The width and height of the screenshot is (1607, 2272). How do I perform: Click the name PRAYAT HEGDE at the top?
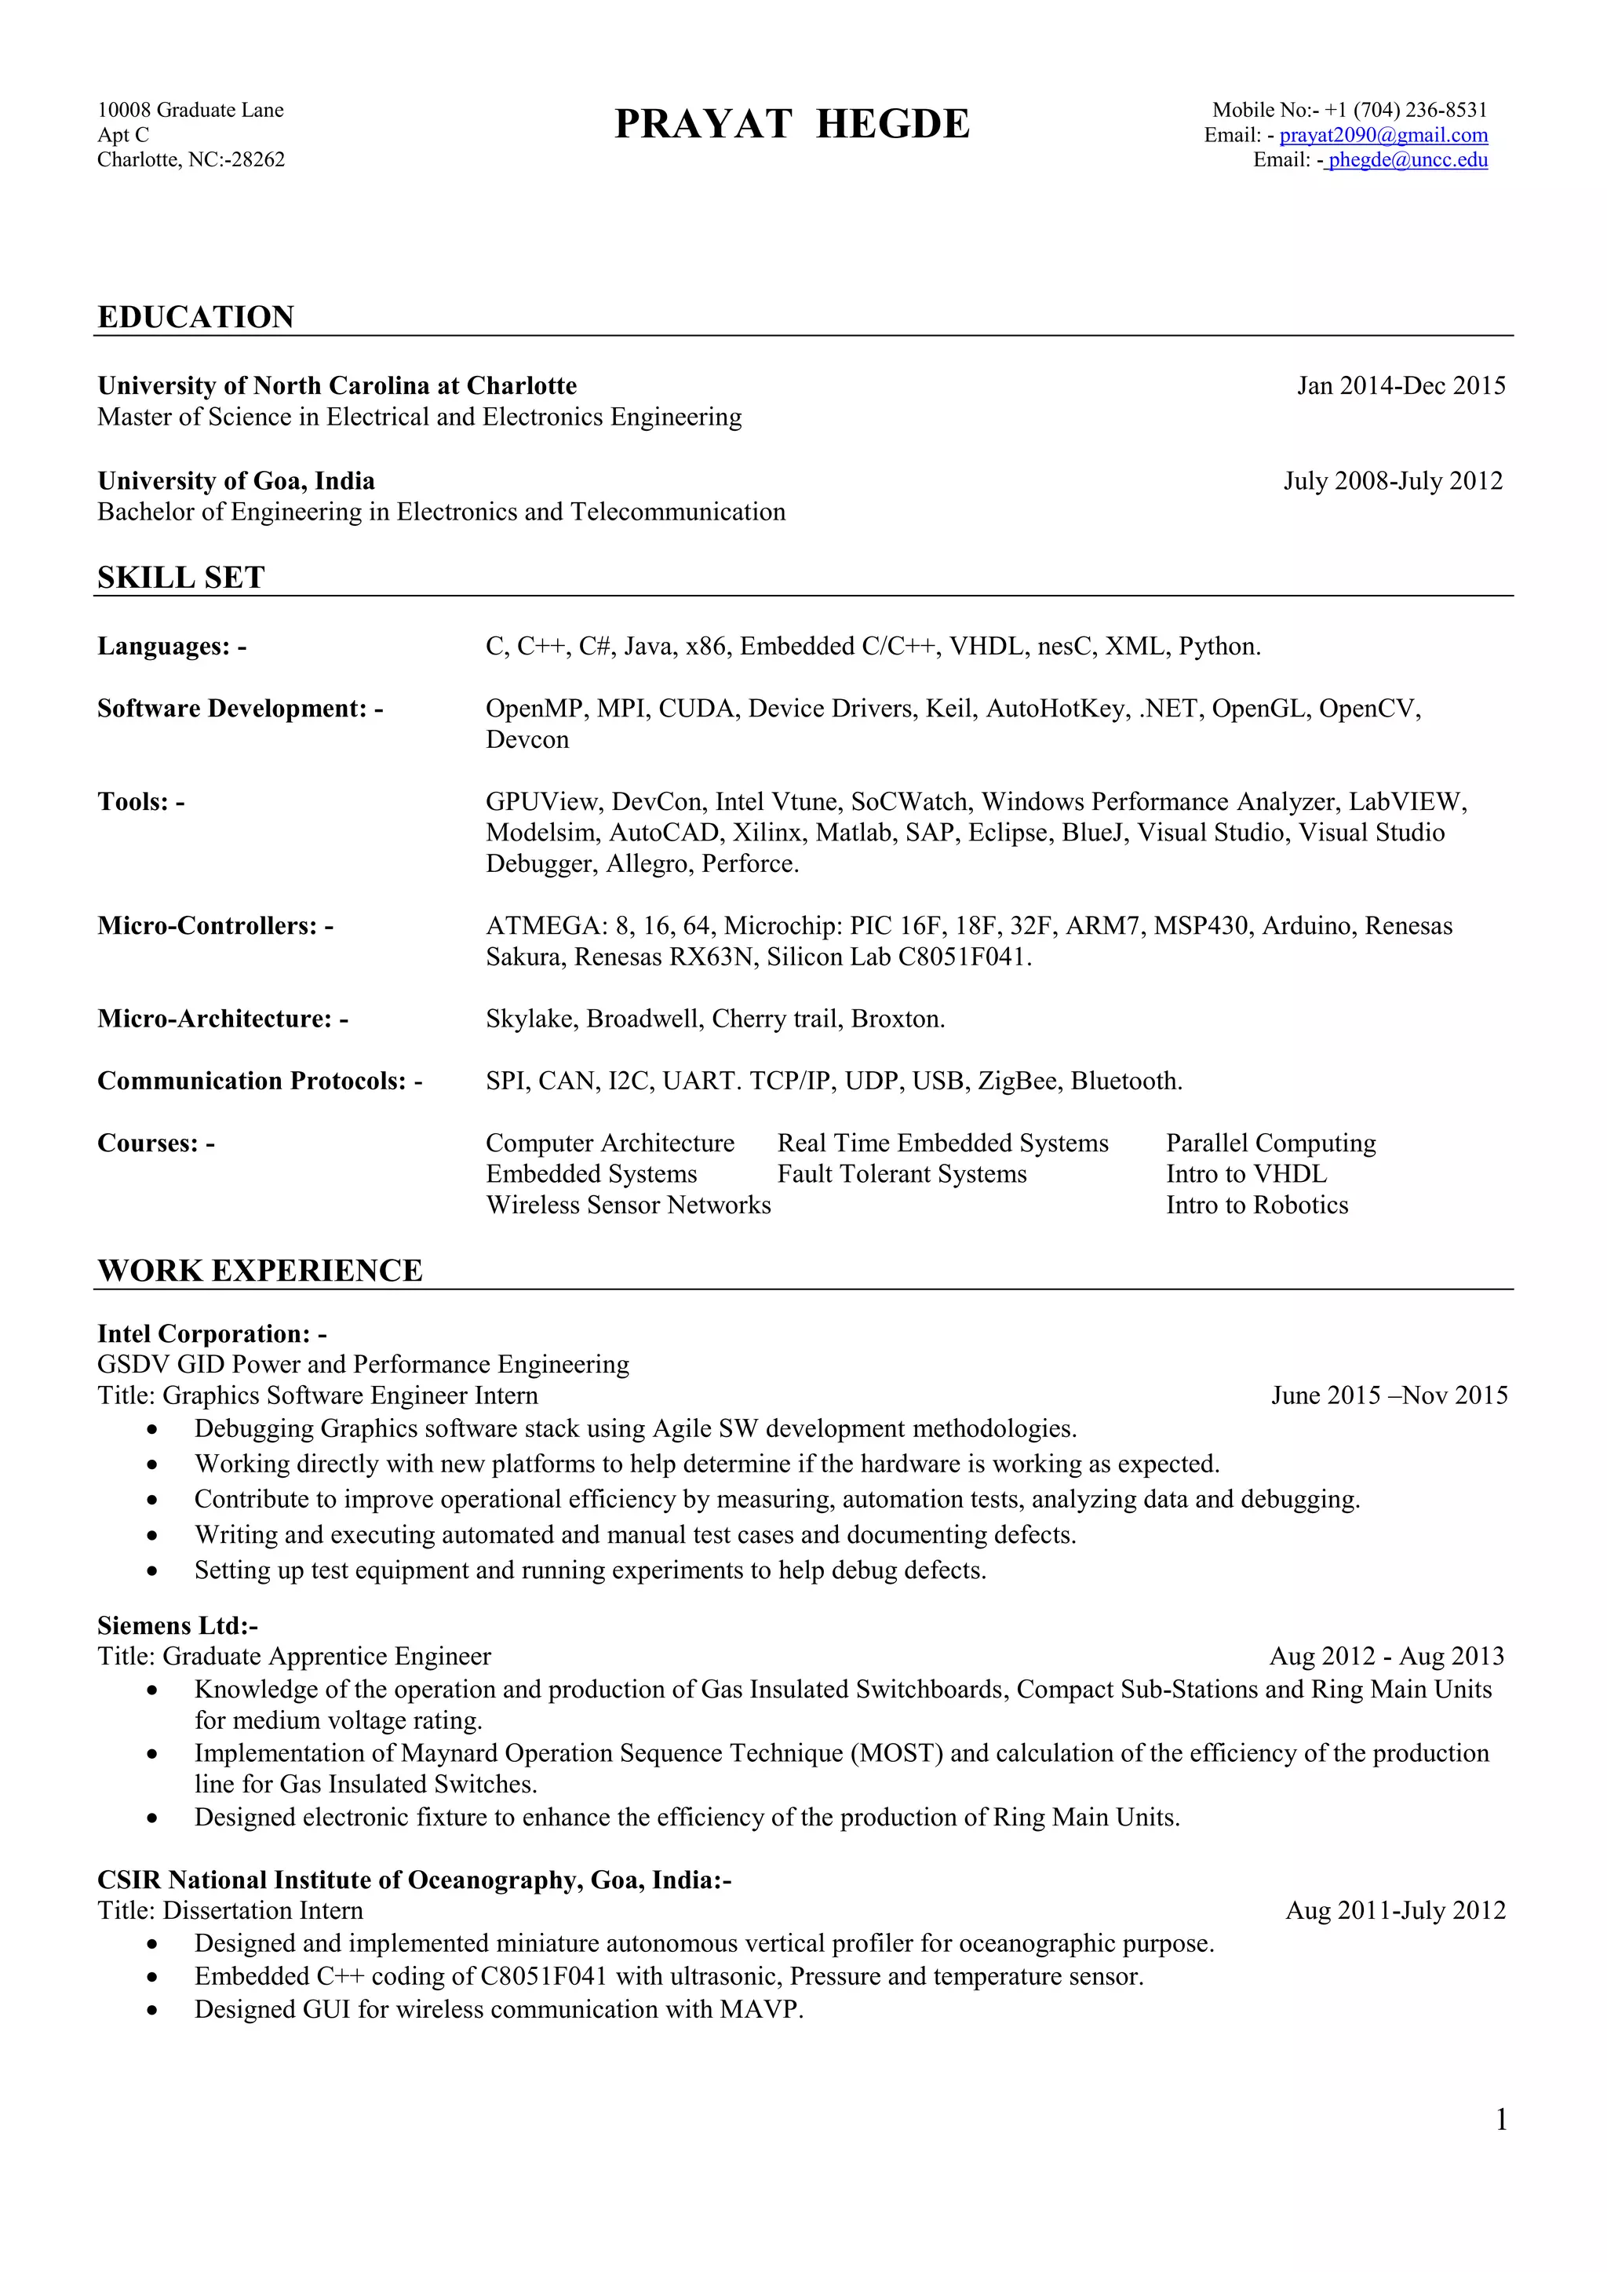click(792, 125)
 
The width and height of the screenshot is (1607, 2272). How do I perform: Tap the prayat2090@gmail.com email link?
click(1383, 136)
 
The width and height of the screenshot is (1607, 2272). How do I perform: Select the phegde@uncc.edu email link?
click(1407, 160)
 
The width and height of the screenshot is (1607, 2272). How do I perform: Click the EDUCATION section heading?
click(196, 316)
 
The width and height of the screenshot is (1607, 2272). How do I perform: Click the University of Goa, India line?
click(235, 481)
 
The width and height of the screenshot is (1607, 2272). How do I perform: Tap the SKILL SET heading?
click(181, 578)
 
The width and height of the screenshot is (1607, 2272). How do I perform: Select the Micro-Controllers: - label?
click(215, 926)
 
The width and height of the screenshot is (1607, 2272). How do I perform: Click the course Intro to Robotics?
click(1257, 1205)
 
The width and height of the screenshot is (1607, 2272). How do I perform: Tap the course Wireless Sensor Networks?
click(628, 1205)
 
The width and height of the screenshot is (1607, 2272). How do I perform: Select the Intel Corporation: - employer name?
click(212, 1334)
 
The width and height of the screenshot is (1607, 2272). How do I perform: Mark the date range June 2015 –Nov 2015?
click(1388, 1396)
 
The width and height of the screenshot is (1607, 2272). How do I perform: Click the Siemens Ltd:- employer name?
click(177, 1626)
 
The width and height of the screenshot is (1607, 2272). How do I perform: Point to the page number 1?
click(1501, 2121)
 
